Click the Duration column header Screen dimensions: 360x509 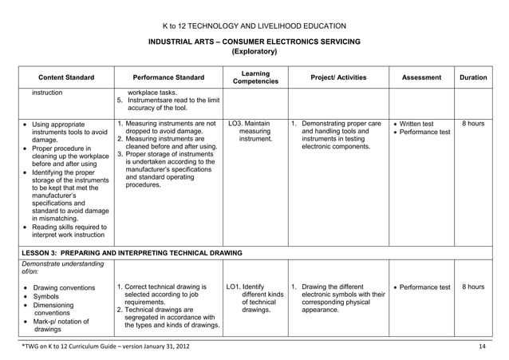(473, 77)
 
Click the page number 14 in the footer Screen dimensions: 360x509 (481, 346)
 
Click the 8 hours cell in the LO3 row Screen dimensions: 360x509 (473, 124)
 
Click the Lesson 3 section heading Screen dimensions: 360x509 (132, 252)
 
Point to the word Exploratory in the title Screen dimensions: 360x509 (254, 52)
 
